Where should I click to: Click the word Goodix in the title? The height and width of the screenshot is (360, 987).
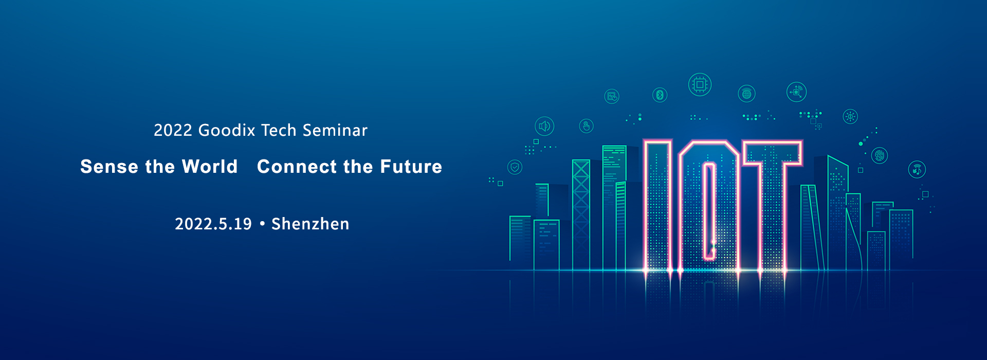tap(227, 130)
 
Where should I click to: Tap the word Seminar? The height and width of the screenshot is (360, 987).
tap(335, 130)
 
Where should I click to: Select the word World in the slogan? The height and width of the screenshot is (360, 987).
tap(210, 167)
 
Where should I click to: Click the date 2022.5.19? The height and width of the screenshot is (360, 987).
tap(213, 224)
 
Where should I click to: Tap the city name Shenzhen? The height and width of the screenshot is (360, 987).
tap(310, 224)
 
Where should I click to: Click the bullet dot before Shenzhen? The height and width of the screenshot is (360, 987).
tap(262, 224)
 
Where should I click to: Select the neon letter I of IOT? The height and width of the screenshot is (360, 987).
tap(657, 205)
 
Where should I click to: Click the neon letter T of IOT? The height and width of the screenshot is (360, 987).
tap(772, 205)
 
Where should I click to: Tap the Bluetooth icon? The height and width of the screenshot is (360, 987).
tap(660, 95)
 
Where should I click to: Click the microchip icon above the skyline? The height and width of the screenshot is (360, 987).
tap(700, 84)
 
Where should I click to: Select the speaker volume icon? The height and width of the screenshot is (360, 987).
tap(544, 126)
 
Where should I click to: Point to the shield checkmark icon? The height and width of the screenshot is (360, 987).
tap(515, 167)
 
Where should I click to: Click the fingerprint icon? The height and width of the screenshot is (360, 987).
tap(880, 155)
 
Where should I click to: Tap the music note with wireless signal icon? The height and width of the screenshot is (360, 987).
tap(917, 169)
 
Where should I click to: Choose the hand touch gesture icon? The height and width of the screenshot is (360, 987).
tap(586, 126)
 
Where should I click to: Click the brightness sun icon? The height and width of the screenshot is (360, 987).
tap(850, 117)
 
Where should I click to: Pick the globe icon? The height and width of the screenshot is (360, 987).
tap(746, 94)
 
